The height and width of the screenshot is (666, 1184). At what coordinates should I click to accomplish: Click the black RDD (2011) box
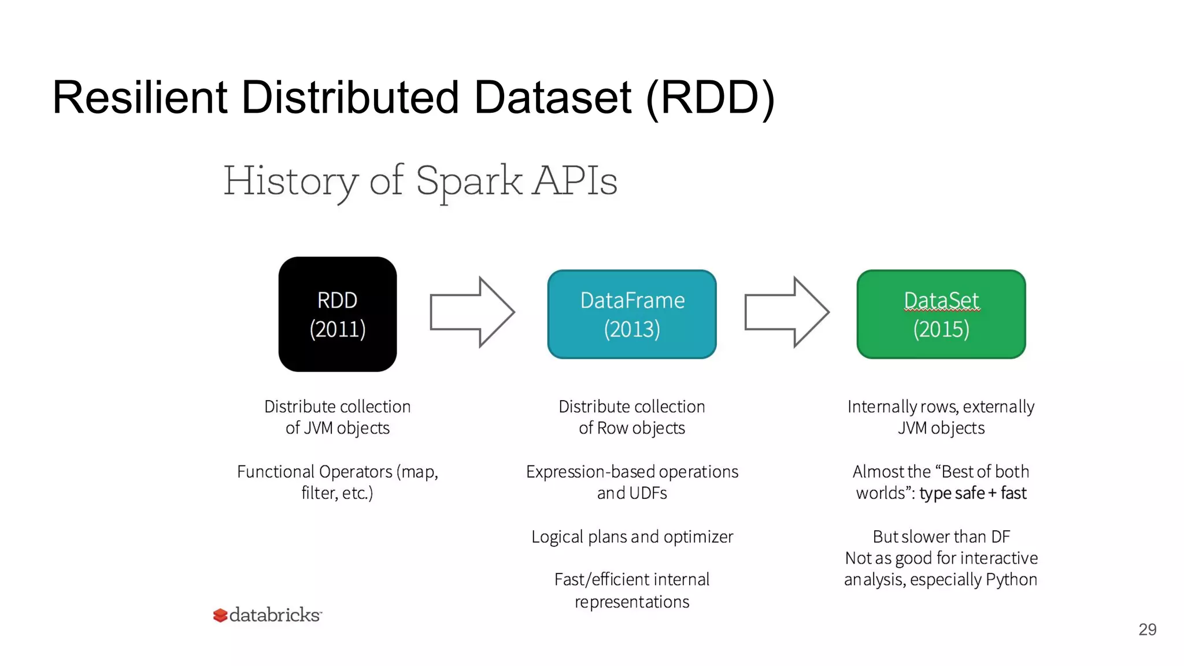pos(337,314)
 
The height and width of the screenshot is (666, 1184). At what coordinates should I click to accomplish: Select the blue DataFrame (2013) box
pos(631,314)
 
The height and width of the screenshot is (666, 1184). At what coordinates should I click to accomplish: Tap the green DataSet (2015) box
pos(941,314)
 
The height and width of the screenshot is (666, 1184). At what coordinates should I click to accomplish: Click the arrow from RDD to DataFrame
pos(472,312)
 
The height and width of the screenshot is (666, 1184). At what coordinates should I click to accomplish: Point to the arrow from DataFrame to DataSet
pos(786,312)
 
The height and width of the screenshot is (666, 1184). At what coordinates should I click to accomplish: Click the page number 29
pos(1147,629)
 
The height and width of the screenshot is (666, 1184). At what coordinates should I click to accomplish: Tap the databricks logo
pos(267,615)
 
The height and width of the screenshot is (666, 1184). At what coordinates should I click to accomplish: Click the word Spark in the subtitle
pos(468,181)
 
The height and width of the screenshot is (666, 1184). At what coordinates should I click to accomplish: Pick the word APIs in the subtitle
pos(575,181)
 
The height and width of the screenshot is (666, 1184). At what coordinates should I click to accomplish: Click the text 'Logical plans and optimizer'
pos(632,536)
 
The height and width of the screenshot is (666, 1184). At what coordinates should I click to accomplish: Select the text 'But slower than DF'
pos(941,536)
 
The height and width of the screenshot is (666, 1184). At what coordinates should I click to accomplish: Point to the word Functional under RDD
pos(275,472)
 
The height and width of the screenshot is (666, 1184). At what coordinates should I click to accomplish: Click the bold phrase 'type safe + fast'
pos(972,493)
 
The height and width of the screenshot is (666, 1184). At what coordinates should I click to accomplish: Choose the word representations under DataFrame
pos(632,602)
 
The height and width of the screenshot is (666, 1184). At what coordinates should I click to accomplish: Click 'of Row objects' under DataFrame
pos(632,428)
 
